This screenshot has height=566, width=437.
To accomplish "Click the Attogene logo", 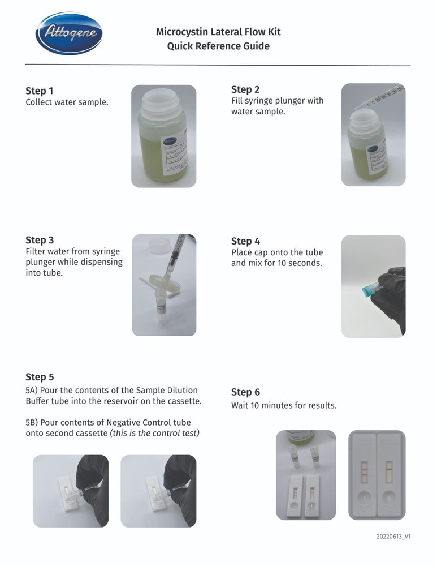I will tap(68, 34).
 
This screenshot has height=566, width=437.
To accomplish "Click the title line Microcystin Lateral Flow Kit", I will tap(218, 32).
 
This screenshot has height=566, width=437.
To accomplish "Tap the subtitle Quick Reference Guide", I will tap(218, 46).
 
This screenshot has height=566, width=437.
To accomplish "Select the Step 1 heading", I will tap(40, 91).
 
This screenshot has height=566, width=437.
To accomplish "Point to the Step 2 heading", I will tap(245, 89).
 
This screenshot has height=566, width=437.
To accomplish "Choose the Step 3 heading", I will tap(40, 240).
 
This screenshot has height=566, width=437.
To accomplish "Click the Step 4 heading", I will tap(245, 241).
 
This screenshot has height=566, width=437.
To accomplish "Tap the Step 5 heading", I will tap(40, 377).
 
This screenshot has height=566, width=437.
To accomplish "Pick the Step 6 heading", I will tap(245, 392).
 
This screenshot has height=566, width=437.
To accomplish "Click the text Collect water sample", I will tap(67, 103).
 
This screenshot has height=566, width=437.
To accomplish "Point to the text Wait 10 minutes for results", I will tap(284, 405).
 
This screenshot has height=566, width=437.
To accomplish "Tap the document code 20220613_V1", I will tap(393, 537).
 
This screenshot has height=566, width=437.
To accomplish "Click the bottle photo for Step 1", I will tap(163, 136).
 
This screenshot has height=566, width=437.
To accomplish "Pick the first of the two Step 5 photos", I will tap(71, 491).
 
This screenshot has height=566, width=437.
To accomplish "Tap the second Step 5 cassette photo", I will tap(158, 491).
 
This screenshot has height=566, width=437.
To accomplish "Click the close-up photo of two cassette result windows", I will tap(377, 474).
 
